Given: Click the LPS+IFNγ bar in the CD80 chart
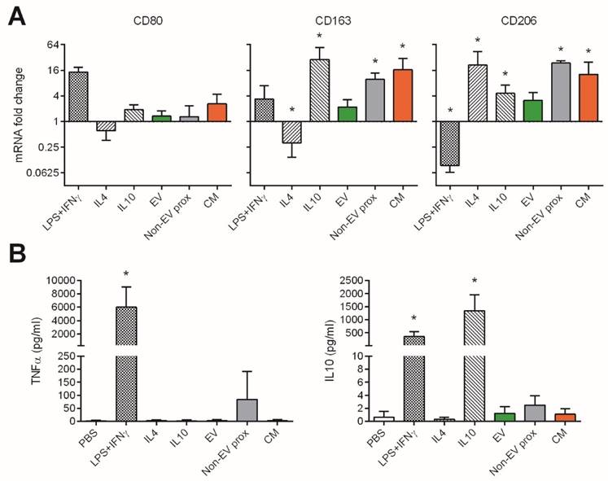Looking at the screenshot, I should pos(79,96).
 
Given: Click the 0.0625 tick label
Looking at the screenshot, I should pos(40,173).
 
